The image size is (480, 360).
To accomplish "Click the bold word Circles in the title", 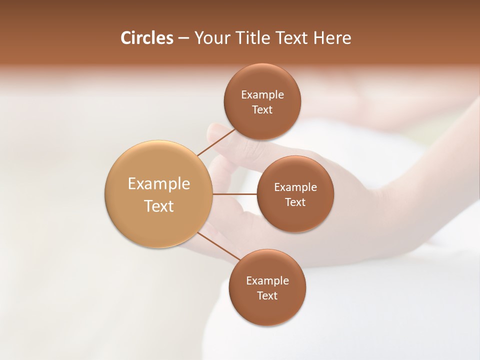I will (147, 38).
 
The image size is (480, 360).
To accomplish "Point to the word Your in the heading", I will (212, 38).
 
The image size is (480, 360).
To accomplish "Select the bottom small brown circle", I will (267, 310).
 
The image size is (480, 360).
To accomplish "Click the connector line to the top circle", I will (216, 142).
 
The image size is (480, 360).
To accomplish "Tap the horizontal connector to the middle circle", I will (234, 194).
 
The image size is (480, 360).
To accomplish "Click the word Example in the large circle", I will (159, 184).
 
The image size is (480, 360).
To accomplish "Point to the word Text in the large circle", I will (159, 206).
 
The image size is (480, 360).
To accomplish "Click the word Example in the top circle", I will (262, 95).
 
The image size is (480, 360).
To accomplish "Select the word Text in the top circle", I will (262, 110).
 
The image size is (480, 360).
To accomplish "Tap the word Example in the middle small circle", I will (295, 187).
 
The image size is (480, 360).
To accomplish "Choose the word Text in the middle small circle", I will (295, 202).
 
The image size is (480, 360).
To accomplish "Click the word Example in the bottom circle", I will (267, 281).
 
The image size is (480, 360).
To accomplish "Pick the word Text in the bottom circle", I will (267, 295).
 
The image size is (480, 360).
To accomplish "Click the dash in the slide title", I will (183, 38).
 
